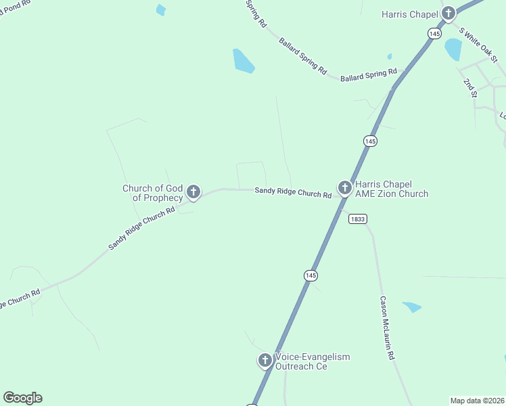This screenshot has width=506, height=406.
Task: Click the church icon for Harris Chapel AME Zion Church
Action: coord(344,187)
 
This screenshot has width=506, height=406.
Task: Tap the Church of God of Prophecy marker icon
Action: coord(193,192)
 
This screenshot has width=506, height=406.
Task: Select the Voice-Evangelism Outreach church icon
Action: coord(265,361)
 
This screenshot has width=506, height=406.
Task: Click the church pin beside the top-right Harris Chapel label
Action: coord(448,14)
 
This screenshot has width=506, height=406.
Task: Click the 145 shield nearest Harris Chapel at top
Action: coord(434,33)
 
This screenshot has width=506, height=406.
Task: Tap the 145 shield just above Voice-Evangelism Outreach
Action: coord(310,275)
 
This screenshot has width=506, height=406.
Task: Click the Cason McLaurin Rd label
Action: coord(387,328)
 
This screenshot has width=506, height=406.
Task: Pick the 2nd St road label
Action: coord(469,88)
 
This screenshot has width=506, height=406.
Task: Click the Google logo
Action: coord(22,398)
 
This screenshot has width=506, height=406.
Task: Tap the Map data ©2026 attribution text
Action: coord(477,401)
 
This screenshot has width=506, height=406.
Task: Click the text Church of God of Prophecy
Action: coord(152,193)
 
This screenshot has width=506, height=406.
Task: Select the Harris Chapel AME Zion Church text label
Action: coord(392,189)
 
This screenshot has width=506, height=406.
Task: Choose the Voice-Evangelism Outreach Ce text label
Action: coord(312,361)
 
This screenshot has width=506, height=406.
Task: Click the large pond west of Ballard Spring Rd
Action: coord(243,61)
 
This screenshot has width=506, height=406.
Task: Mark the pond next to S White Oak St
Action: coord(453,49)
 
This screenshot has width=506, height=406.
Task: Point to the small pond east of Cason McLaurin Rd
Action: coord(412,307)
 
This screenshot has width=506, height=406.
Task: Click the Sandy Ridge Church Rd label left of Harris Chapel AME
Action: coord(293,193)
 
